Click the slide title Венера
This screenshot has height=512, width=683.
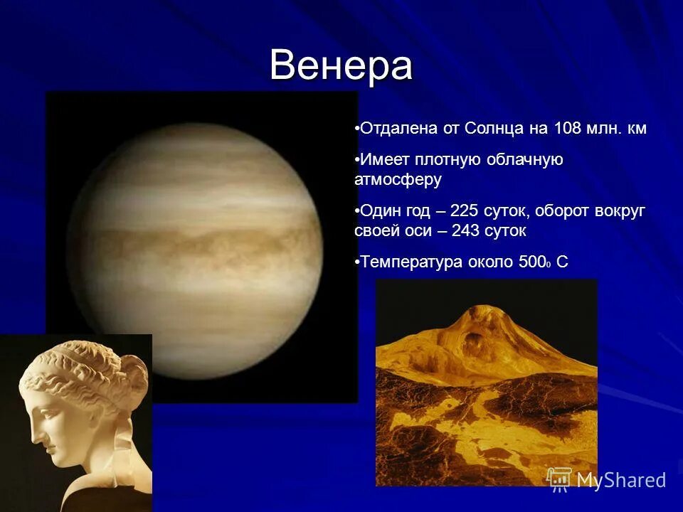(x=341, y=66)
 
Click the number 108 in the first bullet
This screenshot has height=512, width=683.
(x=563, y=129)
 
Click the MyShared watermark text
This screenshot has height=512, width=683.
(x=621, y=479)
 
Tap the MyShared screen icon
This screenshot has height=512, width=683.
(x=559, y=478)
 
